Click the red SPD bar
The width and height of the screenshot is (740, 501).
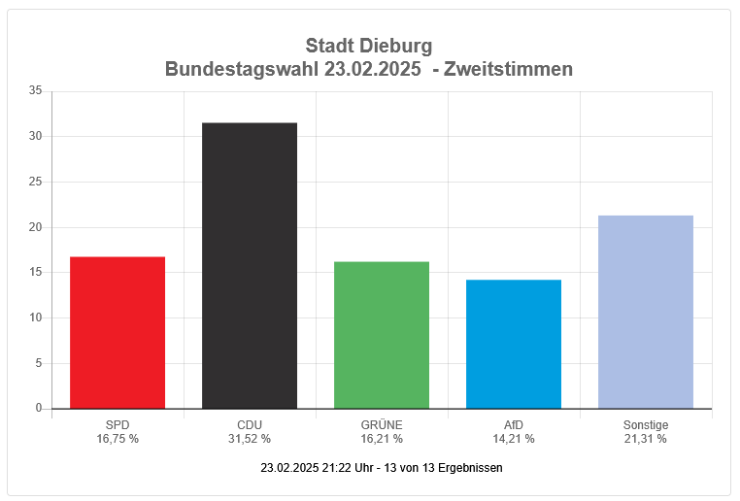pos(118,332)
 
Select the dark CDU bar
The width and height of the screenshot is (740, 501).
pos(250,265)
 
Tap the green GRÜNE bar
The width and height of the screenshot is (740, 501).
pos(382,335)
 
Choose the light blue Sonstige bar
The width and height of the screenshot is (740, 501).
pos(646,312)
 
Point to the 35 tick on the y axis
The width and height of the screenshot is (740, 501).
pos(36,91)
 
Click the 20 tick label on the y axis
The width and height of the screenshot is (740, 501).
pos(36,227)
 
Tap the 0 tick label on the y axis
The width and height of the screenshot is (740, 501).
pos(39,409)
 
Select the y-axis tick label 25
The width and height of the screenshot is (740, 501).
pos(36,182)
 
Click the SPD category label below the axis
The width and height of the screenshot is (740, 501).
pos(118,425)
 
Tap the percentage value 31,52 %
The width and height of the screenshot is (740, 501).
pos(250,439)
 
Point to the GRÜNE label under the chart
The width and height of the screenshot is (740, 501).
pos(382,425)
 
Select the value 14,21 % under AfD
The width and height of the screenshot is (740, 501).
pos(514,439)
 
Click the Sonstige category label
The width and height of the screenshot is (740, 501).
pos(646,425)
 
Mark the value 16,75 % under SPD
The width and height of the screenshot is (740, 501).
pos(118,439)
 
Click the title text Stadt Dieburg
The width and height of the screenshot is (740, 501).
pos(369,46)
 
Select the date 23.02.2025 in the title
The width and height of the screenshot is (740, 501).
pos(374,69)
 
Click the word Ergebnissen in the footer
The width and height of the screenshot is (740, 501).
pos(471,468)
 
